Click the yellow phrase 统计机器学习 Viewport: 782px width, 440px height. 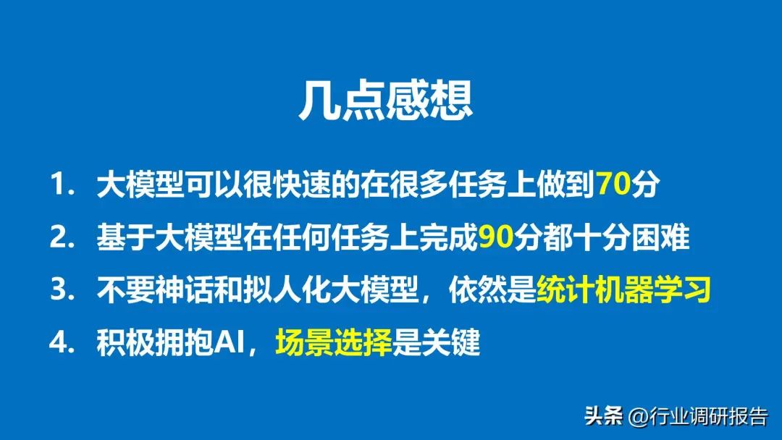tap(623, 291)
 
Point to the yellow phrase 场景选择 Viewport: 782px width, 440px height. tap(332, 344)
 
